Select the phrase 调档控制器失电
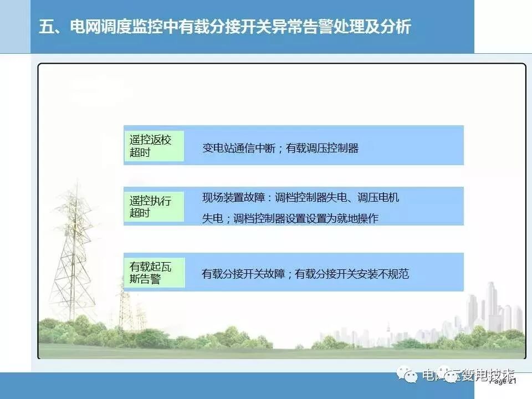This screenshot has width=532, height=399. pos(311,197)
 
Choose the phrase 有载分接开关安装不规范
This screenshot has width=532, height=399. pos(352,274)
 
